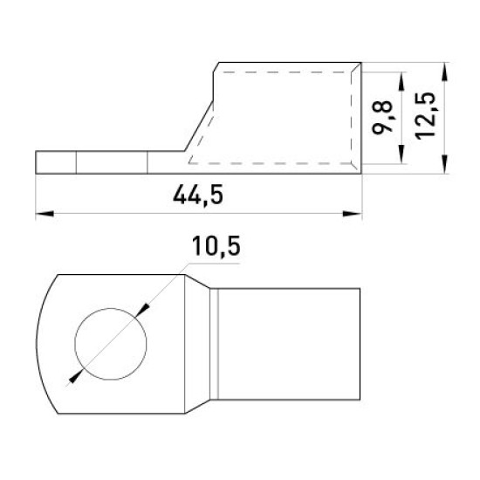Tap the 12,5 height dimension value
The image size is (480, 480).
point(425,116)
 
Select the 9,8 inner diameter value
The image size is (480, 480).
point(382,118)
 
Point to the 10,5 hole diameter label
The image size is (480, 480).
point(216,246)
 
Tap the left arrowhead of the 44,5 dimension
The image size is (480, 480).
point(45,213)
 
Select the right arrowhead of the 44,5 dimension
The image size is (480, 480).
point(353,213)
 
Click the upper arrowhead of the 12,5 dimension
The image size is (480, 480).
point(445,72)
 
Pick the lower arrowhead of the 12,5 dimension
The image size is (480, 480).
point(445,164)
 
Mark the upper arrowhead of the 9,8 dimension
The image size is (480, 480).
point(401,81)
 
